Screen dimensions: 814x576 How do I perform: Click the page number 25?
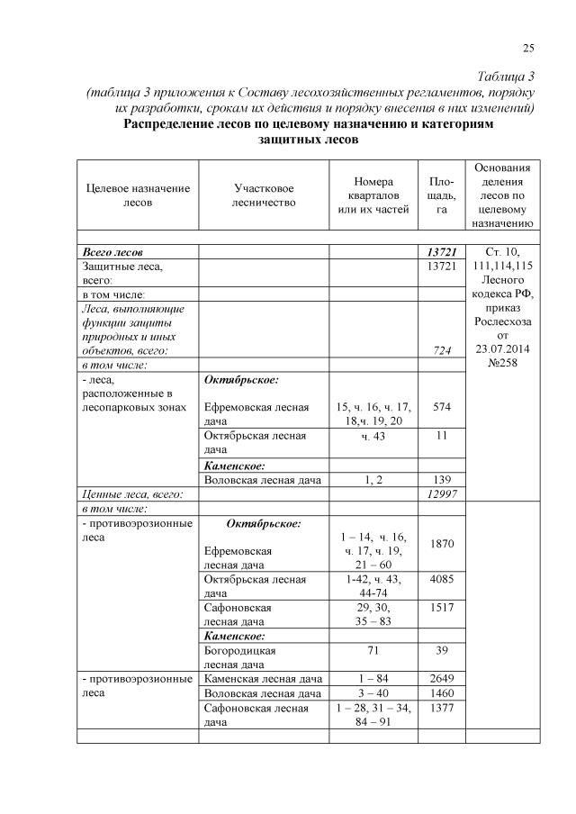click(x=528, y=48)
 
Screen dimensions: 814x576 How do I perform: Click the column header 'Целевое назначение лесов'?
click(x=138, y=195)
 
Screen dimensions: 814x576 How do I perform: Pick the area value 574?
click(x=441, y=407)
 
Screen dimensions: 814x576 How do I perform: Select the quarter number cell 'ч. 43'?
click(x=373, y=436)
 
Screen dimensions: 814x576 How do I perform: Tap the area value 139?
click(x=441, y=479)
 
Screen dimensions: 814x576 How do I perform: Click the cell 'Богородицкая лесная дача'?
click(x=240, y=656)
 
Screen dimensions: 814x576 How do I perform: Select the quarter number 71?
click(x=373, y=649)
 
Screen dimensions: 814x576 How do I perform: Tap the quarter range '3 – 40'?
click(x=373, y=693)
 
